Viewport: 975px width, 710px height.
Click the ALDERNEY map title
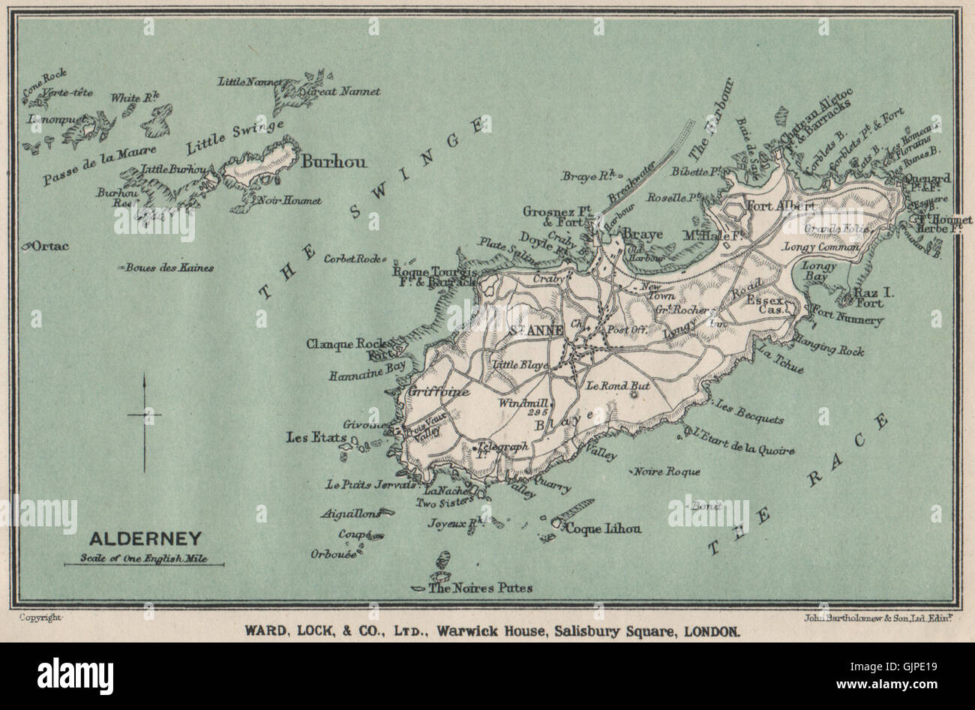145,538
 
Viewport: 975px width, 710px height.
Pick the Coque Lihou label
604,528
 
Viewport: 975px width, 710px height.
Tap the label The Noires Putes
479,588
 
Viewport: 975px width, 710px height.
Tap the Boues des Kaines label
170,268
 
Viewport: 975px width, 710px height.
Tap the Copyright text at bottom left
40,617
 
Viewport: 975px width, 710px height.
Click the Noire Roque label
667,472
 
